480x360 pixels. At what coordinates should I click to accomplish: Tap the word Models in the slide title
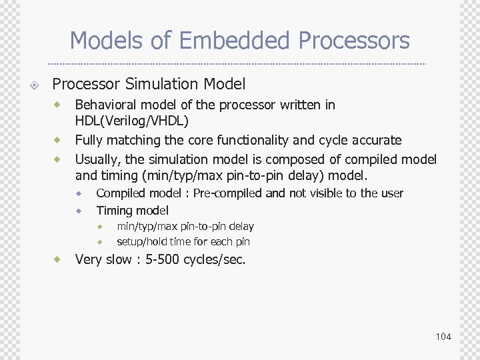point(107,41)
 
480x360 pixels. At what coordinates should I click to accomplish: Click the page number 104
point(443,337)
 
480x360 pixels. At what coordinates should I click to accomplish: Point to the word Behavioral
point(107,105)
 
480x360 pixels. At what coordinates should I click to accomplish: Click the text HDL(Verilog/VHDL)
point(132,121)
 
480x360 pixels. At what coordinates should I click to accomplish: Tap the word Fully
point(89,140)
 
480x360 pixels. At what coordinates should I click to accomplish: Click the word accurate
point(377,140)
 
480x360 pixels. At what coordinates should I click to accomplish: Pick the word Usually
point(98,159)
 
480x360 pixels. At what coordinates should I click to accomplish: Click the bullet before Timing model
point(79,211)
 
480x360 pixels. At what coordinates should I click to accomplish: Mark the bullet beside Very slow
point(58,259)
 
